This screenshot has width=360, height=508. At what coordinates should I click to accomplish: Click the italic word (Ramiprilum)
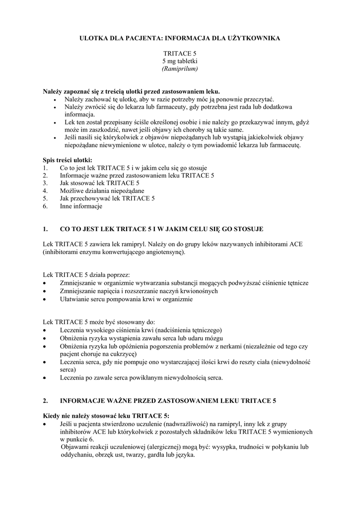(180, 68)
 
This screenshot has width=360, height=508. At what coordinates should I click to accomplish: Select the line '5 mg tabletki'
(180, 61)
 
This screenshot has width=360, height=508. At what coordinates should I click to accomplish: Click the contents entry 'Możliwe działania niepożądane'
(102, 190)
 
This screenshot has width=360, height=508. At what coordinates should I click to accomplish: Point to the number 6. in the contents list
(45, 206)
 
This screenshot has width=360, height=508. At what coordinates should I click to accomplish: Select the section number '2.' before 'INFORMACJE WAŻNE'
(45, 400)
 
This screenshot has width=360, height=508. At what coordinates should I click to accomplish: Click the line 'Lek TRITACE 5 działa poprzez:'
(86, 275)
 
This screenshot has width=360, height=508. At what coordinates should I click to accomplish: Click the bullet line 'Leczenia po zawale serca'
(141, 378)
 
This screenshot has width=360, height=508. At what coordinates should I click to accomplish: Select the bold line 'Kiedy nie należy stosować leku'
(106, 416)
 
